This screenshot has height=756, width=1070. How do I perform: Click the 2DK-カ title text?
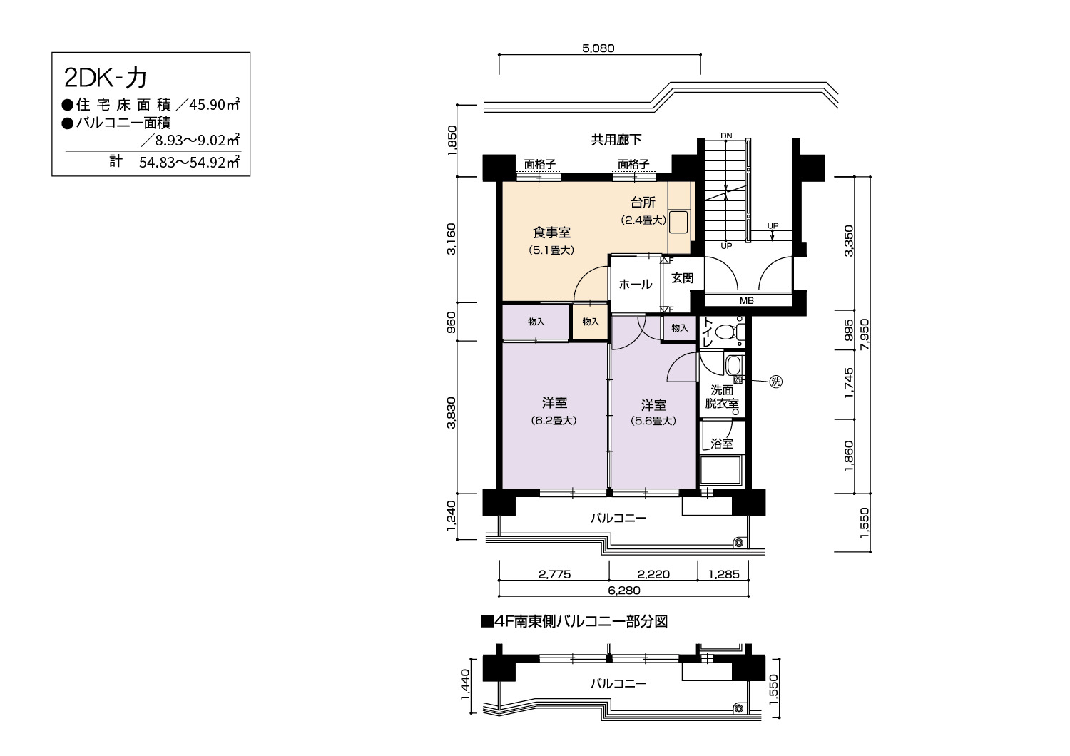[105, 78]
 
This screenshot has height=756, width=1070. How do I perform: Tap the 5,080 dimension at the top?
[598, 48]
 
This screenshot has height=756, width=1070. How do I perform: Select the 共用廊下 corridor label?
[616, 140]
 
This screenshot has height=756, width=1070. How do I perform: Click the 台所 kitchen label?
[643, 203]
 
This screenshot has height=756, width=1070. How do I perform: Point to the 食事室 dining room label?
[551, 233]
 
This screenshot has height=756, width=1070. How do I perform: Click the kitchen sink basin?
[678, 222]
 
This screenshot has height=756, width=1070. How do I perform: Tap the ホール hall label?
[636, 285]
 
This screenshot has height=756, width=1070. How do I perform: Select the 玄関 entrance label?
[682, 278]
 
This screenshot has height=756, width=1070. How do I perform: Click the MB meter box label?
[747, 300]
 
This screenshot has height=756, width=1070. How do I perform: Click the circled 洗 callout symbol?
[776, 382]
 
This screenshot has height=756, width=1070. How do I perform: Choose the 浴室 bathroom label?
[721, 444]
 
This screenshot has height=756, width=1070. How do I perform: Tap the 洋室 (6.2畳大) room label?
[554, 412]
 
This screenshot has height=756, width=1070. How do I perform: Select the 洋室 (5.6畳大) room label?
[653, 413]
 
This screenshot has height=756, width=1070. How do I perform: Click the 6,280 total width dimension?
[624, 591]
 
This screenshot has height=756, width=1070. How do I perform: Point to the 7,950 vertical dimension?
[864, 335]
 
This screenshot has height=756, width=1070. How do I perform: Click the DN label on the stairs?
[726, 136]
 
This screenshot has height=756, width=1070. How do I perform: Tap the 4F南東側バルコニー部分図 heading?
[575, 622]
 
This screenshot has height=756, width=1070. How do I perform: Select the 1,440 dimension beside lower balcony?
[465, 685]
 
